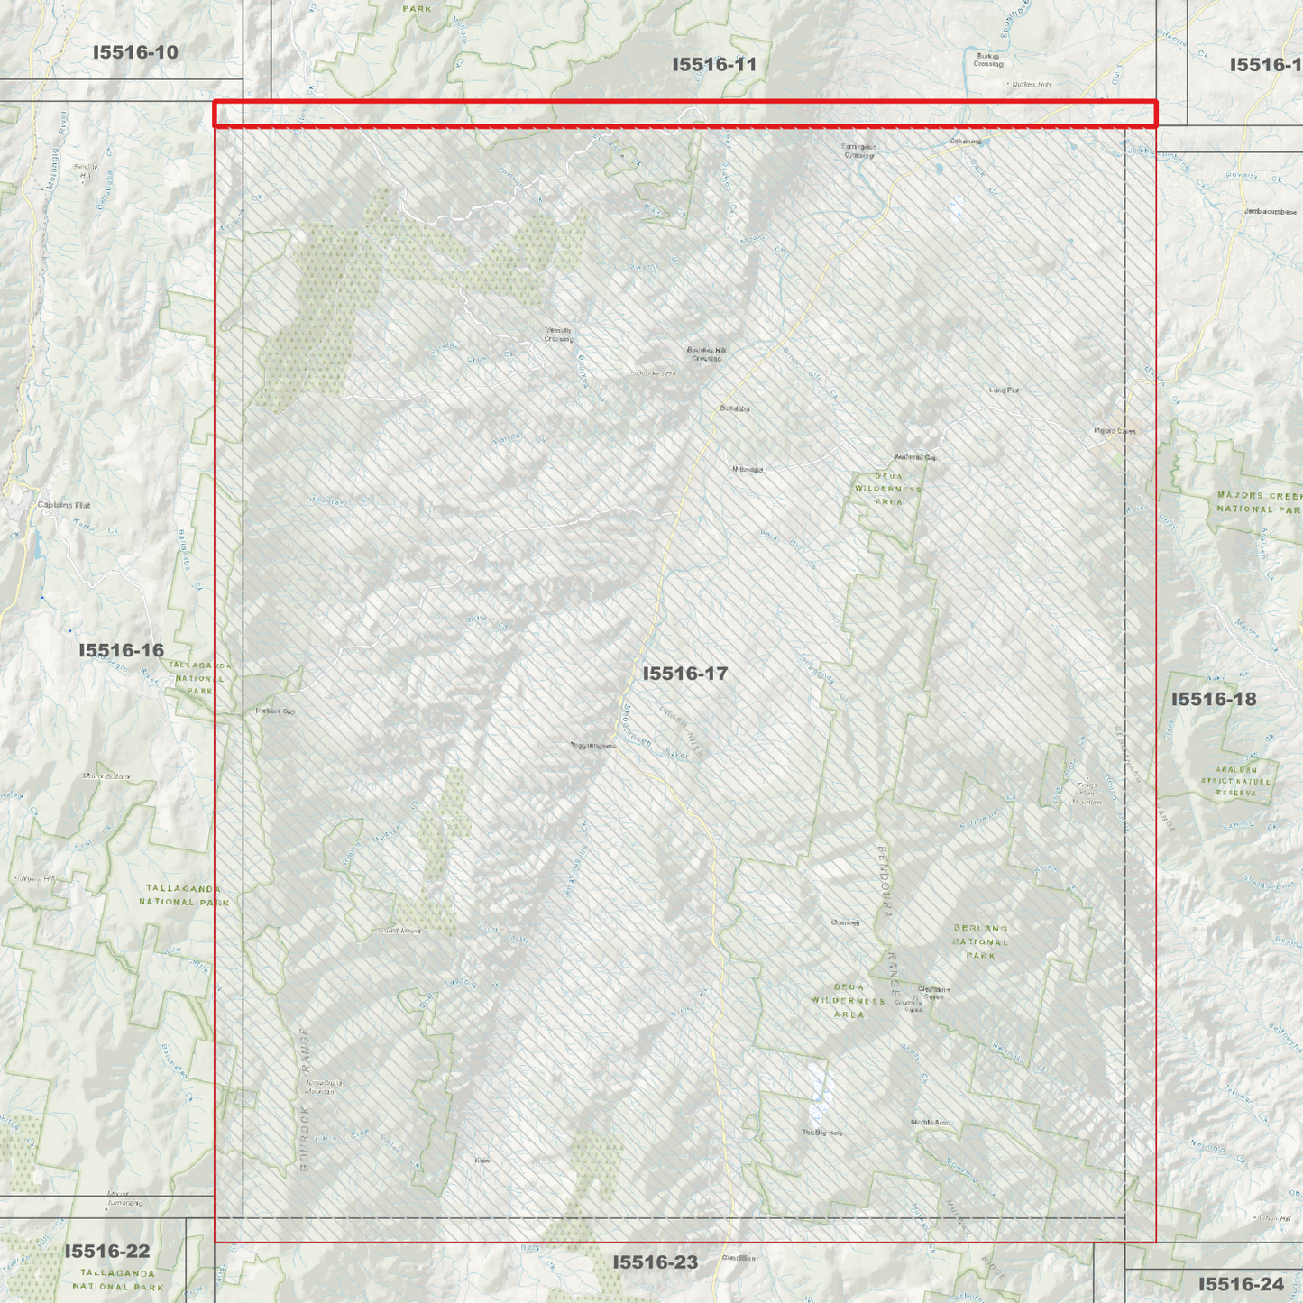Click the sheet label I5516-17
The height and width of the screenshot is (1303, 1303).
(684, 674)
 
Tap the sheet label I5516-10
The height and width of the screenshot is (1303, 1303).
(135, 52)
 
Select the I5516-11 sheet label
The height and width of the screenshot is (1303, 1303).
(714, 64)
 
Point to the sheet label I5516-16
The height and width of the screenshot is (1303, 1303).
(121, 650)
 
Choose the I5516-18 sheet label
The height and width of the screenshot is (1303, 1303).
(1213, 699)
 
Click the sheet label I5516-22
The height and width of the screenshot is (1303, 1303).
(106, 1251)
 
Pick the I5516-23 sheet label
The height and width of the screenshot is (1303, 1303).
(655, 1262)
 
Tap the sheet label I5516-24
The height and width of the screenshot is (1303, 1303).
(1241, 1284)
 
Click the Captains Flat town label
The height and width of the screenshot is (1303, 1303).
(64, 505)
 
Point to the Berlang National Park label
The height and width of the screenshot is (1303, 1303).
(980, 941)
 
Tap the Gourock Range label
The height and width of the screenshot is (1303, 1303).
(304, 1099)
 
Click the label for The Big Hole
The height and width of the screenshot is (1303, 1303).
(821, 1133)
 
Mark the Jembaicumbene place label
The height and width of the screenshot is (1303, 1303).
(1270, 212)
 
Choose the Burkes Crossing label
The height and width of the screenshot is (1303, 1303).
(988, 60)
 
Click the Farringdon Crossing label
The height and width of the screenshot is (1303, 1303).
(858, 151)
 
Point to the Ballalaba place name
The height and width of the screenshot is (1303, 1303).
(735, 408)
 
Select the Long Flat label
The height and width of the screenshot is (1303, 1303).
(1004, 390)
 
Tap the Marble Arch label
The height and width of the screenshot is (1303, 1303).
(930, 1123)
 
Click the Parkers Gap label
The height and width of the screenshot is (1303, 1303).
(275, 711)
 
